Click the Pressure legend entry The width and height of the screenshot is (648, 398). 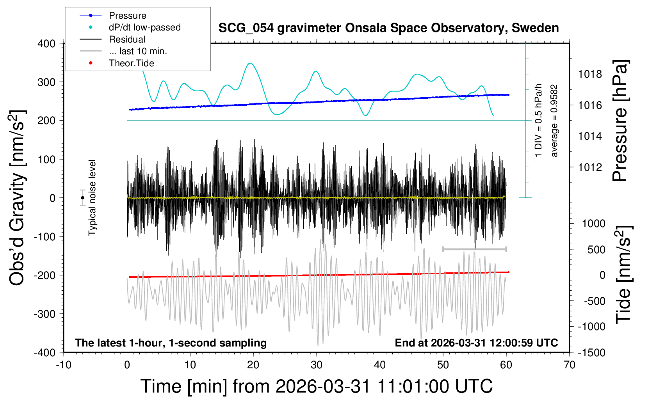point(127,16)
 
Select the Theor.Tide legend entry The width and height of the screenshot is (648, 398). point(131,63)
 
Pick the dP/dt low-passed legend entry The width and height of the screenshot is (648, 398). point(144,27)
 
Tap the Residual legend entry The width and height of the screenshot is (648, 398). point(127,39)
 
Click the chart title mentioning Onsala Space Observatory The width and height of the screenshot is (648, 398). point(388,28)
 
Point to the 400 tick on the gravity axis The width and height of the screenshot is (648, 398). point(46,44)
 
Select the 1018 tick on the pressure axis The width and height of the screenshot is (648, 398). point(590,74)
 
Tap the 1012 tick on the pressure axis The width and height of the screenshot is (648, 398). point(590,167)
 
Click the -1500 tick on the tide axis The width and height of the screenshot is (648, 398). point(591,353)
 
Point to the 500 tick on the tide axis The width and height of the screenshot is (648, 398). point(596,250)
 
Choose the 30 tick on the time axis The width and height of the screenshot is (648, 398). point(317,365)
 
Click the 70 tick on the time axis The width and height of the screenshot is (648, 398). point(570,365)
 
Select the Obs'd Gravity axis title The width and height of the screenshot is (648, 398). point(17,198)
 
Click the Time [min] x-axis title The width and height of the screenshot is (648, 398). point(316,386)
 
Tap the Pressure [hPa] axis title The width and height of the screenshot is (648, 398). point(620,121)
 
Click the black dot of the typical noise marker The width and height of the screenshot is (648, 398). point(83,198)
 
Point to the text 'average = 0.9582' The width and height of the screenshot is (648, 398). point(554,121)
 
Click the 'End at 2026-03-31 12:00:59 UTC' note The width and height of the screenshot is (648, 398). point(476,343)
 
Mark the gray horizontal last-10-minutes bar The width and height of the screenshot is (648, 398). point(474,249)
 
